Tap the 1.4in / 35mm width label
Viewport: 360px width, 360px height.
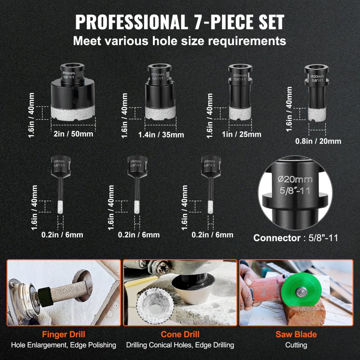point(161,135)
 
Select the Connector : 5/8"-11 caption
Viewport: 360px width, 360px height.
point(296,238)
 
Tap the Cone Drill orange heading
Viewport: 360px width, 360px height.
point(180,334)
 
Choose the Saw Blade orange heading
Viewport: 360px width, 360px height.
point(296,334)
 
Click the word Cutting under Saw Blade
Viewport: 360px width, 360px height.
point(296,345)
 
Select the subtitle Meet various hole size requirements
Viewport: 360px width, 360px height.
point(180,41)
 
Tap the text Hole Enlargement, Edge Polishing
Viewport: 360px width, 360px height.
point(64,345)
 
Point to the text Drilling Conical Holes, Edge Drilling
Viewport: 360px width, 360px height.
point(180,345)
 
